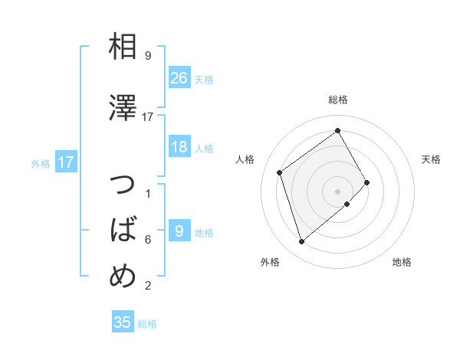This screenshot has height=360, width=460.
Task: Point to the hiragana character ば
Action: [123, 231]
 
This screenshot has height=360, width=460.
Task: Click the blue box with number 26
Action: [179, 77]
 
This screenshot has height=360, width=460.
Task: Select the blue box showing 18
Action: [179, 147]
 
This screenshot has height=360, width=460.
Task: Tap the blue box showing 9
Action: [179, 231]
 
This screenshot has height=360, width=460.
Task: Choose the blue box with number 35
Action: [123, 322]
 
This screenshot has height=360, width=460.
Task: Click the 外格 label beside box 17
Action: [41, 163]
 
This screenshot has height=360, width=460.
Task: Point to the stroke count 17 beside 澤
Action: [148, 116]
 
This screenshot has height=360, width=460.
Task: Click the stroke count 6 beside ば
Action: [148, 239]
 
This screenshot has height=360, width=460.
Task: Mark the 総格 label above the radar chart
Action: [338, 100]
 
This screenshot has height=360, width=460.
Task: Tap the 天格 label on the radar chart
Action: [431, 159]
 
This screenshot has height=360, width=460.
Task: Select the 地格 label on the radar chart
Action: [402, 262]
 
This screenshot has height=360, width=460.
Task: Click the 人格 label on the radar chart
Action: [245, 159]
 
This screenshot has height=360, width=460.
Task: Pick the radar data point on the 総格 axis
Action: [338, 131]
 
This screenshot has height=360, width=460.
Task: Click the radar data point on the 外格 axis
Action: [301, 242]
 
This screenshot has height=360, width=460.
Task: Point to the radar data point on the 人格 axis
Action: [280, 172]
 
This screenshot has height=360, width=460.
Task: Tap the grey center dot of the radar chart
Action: [338, 191]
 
